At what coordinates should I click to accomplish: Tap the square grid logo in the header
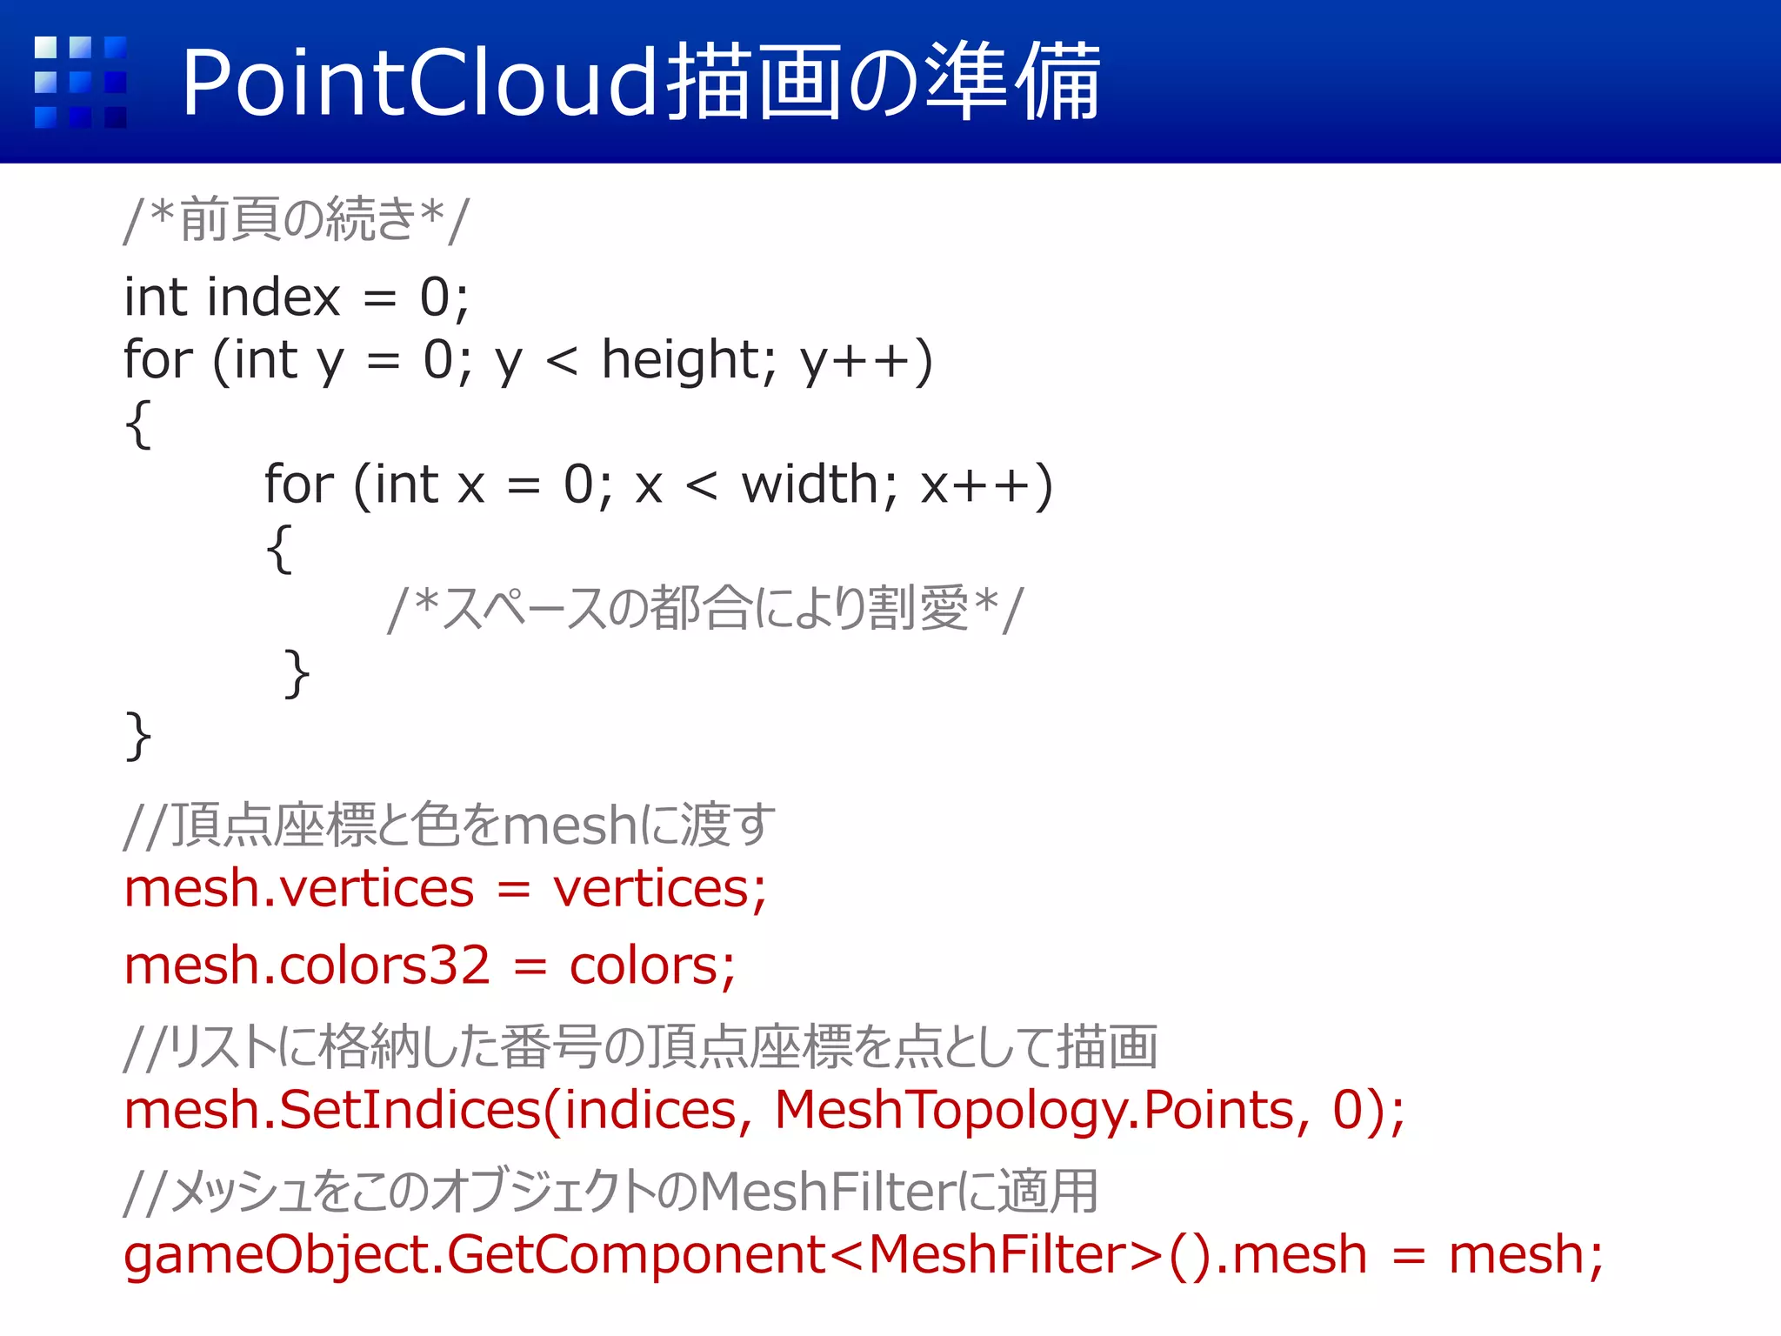coord(80,83)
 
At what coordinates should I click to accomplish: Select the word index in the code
coord(273,297)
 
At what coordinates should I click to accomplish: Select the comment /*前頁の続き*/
coord(297,219)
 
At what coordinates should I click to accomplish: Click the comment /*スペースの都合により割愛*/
coord(705,608)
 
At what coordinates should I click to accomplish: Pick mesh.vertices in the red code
coord(299,889)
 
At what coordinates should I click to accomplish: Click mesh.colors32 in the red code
coord(307,966)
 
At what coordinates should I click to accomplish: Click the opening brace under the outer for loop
coord(138,424)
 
